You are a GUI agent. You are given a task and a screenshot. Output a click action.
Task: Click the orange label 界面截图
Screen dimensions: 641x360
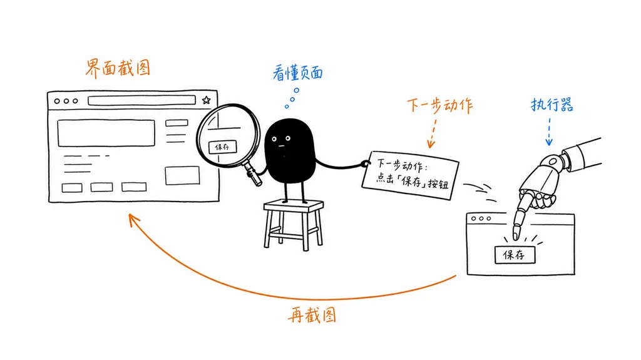click(118, 68)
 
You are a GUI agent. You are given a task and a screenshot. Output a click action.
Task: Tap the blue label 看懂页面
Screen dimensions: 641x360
click(297, 73)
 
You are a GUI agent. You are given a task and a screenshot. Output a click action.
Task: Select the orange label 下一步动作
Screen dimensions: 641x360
click(440, 105)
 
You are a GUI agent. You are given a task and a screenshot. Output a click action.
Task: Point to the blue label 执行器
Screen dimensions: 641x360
click(552, 105)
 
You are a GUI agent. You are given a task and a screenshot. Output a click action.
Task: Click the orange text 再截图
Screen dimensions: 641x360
click(312, 315)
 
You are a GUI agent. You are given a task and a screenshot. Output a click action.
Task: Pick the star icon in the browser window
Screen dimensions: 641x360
click(207, 100)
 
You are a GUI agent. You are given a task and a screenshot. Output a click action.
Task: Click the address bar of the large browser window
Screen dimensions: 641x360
click(141, 101)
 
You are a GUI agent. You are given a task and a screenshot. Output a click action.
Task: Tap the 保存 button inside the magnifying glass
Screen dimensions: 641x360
click(222, 147)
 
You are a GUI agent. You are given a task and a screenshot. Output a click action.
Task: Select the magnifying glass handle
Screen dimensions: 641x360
click(254, 173)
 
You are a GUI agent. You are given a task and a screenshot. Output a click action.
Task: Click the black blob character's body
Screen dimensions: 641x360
click(290, 150)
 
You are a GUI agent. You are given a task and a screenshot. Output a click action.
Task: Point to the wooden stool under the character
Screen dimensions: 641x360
click(294, 224)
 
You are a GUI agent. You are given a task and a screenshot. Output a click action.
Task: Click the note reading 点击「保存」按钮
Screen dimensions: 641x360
click(411, 175)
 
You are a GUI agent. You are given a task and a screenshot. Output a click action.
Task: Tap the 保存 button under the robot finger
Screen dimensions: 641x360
click(515, 255)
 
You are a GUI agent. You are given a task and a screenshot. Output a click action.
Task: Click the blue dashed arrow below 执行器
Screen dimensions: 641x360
click(549, 131)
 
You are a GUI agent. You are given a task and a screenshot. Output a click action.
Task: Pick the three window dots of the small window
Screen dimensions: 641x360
click(481, 219)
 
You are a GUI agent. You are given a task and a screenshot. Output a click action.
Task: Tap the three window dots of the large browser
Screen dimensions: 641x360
click(66, 101)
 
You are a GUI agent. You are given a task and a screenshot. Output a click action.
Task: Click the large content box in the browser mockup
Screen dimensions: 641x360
click(106, 133)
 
